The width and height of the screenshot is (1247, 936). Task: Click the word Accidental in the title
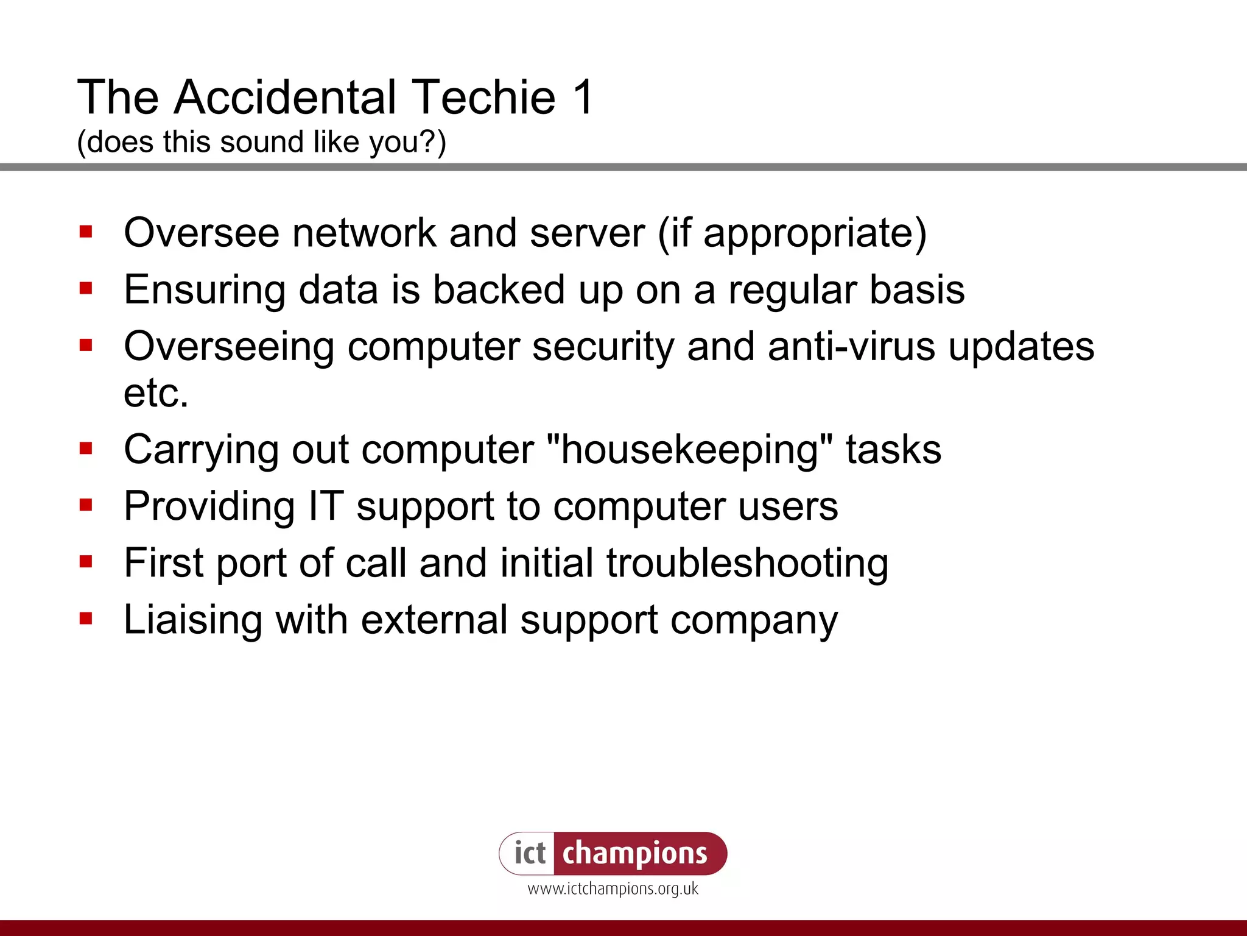285,97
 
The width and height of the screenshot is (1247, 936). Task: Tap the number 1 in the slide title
583,97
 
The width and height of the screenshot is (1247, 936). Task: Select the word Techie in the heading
485,97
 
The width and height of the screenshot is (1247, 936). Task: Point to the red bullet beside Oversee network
86,232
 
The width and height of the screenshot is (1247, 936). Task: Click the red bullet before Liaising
86,619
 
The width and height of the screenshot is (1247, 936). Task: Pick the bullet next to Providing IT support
86,505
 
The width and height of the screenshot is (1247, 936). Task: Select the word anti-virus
851,346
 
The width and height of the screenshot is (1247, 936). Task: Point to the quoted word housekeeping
689,450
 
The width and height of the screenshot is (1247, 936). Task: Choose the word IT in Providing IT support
326,506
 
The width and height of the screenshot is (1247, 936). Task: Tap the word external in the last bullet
434,620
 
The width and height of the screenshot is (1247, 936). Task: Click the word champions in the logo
634,853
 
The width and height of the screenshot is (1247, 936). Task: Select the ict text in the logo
529,853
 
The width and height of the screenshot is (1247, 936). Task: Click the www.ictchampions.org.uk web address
613,889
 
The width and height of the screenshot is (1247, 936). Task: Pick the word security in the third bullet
603,346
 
